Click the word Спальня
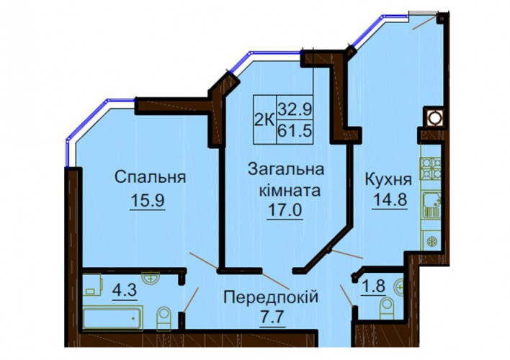coord(151,178)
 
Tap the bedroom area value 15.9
coord(148,200)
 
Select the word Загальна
coord(286,169)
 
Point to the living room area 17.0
coord(285,210)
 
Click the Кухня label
coord(388,179)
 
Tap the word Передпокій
coord(271,297)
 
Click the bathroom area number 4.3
coord(125,289)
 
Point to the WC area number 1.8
coord(374,287)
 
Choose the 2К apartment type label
coord(264,120)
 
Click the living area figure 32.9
coord(295,109)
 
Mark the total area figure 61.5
coord(295,132)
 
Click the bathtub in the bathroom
coord(112,319)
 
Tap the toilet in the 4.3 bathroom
coord(164,319)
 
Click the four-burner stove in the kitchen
coord(430,168)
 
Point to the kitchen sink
coord(431,204)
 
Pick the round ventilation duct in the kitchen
coord(434,118)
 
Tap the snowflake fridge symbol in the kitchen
coord(432,242)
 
